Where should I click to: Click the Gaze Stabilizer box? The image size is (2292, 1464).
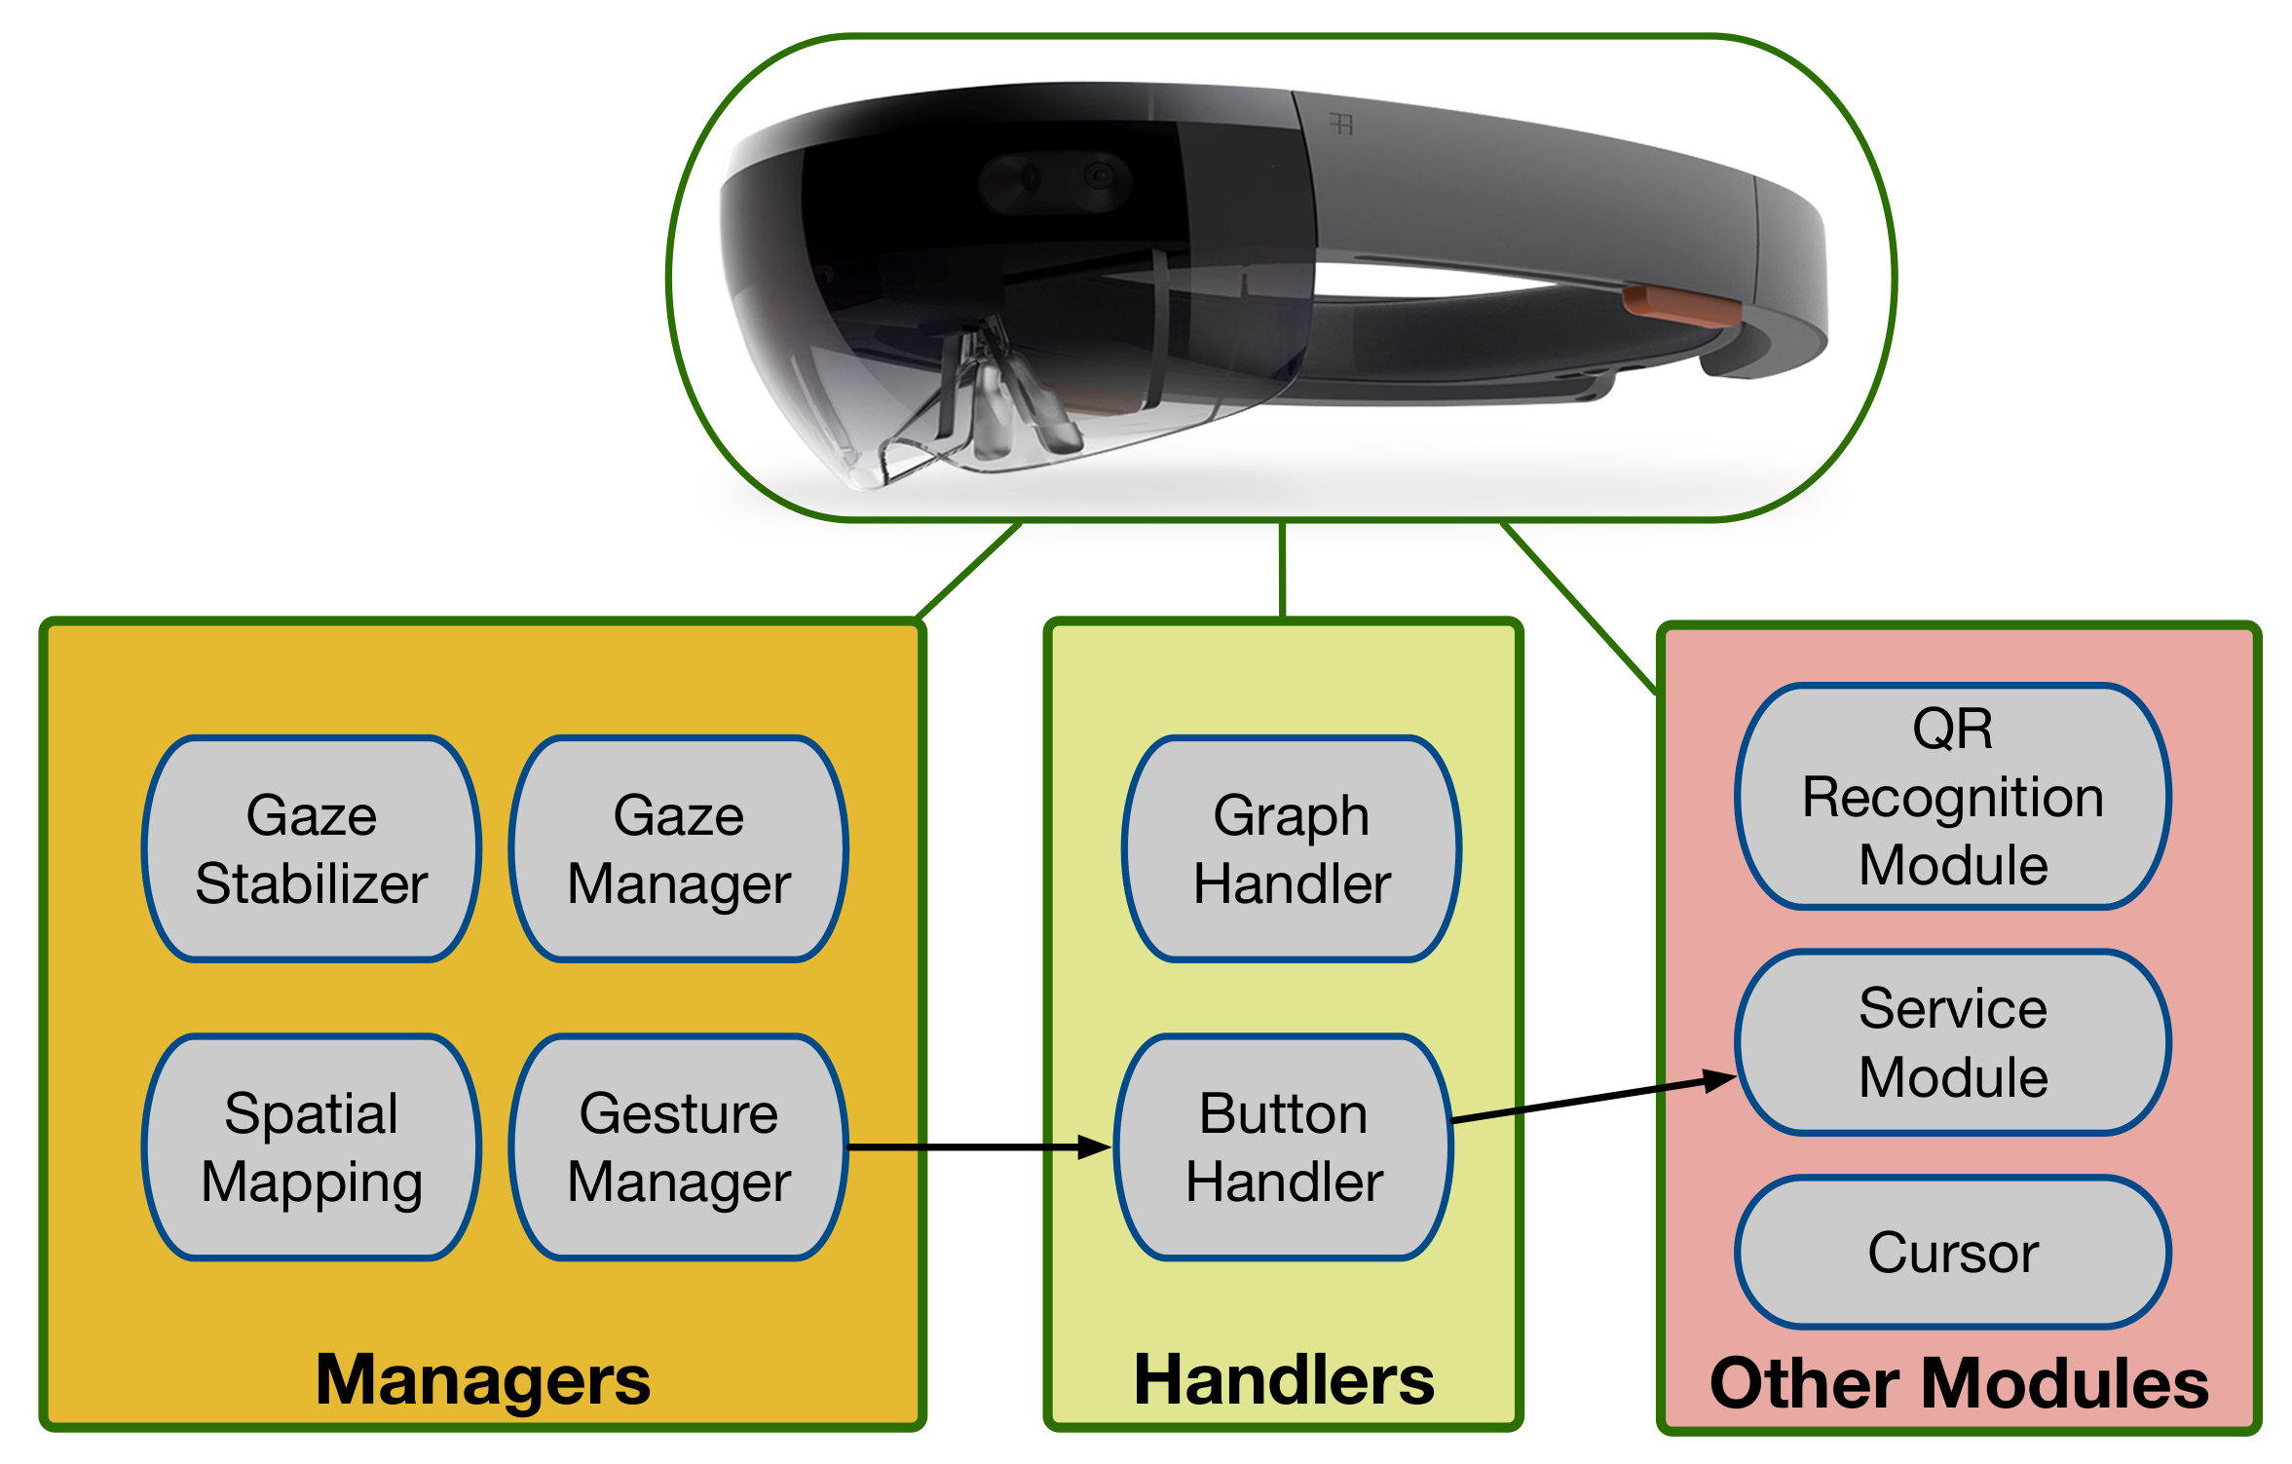(311, 848)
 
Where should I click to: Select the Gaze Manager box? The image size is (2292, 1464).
(678, 848)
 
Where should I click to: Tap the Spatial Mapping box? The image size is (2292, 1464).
(311, 1146)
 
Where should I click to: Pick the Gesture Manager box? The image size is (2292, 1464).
(678, 1146)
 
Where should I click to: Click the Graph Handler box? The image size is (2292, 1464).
(1291, 848)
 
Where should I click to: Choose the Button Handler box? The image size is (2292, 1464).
(1283, 1146)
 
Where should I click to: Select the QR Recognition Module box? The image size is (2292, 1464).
(1952, 796)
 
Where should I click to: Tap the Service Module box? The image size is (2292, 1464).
(1952, 1042)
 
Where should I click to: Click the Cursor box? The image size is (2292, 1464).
(1952, 1252)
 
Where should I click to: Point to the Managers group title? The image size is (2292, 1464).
(482, 1379)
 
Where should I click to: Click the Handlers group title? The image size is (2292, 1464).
(1283, 1379)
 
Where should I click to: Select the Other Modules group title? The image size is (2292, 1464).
(1958, 1382)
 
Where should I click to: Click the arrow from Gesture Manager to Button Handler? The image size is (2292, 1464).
(974, 1147)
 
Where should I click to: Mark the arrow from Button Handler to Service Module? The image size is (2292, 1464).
(1588, 1100)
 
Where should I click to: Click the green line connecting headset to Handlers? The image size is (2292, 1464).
(1283, 570)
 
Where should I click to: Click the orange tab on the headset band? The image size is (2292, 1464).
(1680, 307)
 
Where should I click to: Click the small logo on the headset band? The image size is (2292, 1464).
(1341, 124)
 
